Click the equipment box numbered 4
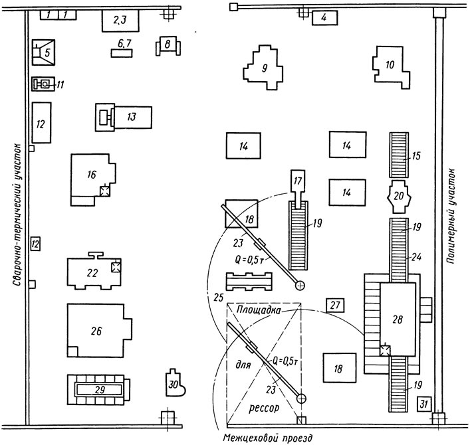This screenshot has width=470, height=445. click(x=324, y=18)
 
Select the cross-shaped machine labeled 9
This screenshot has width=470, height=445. click(x=263, y=68)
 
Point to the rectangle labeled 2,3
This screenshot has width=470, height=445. click(x=120, y=21)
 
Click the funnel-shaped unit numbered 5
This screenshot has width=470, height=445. click(x=43, y=52)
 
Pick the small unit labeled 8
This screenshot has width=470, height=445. click(x=168, y=46)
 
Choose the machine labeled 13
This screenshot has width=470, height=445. click(x=124, y=117)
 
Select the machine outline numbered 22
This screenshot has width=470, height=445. click(x=94, y=271)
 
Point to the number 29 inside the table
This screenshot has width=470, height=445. click(x=100, y=390)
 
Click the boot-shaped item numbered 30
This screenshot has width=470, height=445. click(x=175, y=383)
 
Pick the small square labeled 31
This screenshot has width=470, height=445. click(x=423, y=404)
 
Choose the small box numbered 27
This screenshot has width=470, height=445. click(x=335, y=305)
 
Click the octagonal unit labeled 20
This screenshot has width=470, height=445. click(x=399, y=197)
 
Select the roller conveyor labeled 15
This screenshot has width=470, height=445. click(x=399, y=155)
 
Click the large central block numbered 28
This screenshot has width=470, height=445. click(x=398, y=319)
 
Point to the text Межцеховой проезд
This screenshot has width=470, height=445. click(x=268, y=438)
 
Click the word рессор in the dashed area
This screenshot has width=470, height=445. click(x=264, y=408)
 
